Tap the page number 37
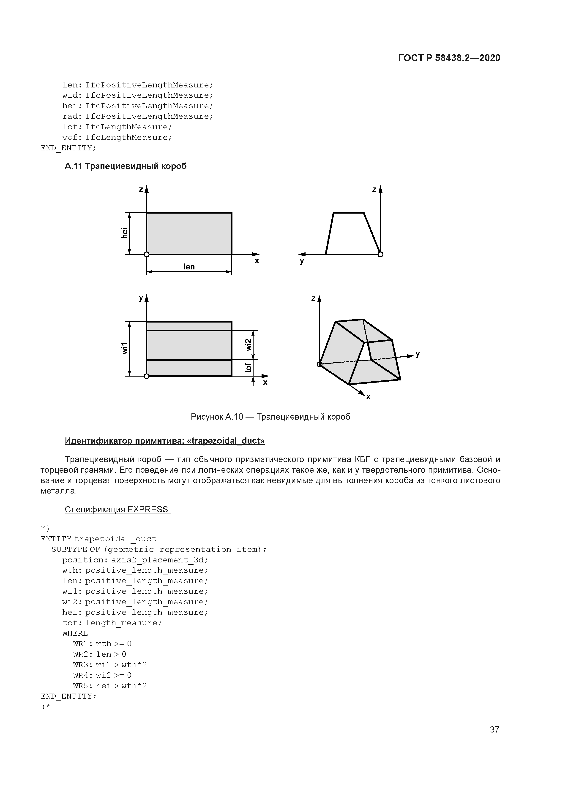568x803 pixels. [x=494, y=729]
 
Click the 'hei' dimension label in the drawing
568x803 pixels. [x=124, y=233]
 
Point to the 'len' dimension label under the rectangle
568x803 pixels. [x=189, y=267]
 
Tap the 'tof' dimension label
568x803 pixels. [x=248, y=368]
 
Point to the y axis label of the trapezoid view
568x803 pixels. [x=302, y=261]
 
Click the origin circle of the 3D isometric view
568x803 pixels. [x=319, y=364]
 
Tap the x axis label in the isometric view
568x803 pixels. [x=368, y=397]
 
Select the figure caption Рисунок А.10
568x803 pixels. [x=270, y=417]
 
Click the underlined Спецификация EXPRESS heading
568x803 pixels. [x=117, y=510]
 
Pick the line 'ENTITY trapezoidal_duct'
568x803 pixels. [x=98, y=539]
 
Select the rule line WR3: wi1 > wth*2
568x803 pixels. [x=109, y=665]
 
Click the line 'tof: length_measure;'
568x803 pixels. [x=112, y=623]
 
